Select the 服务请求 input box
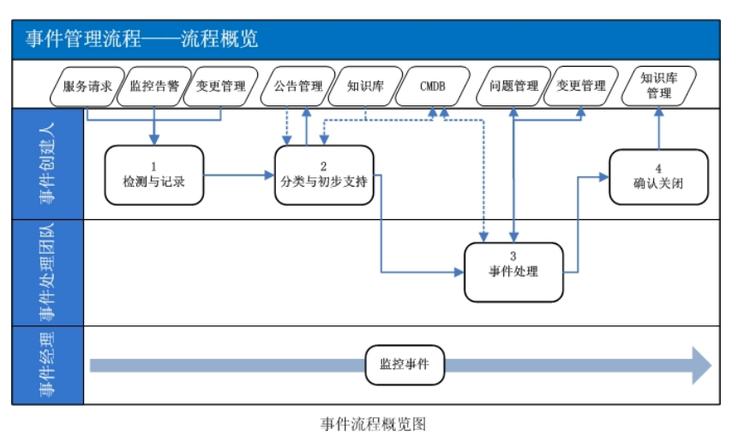point(87,86)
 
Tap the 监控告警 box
point(154,86)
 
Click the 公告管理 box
point(298,86)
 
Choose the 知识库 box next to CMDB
point(365,86)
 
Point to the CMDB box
point(433,86)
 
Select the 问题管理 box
point(513,86)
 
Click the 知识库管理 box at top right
point(659,86)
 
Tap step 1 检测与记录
point(154,175)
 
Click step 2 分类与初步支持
point(324,175)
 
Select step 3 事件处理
point(513,272)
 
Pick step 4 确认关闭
point(658,177)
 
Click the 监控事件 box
point(405,365)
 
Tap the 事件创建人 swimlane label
point(48,164)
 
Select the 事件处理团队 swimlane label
point(48,272)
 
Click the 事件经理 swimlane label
point(48,366)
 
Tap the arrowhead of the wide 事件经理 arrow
point(700,366)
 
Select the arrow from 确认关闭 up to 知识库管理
point(658,128)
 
